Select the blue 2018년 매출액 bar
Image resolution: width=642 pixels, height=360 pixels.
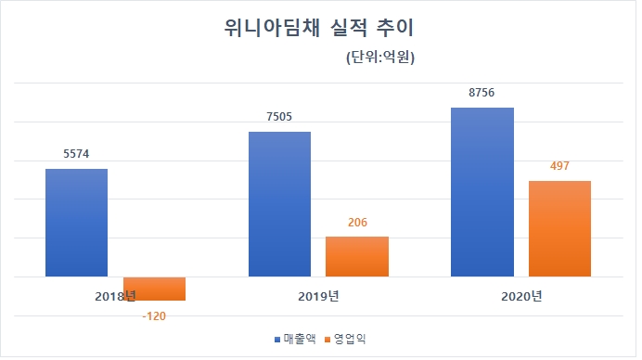tap(76, 223)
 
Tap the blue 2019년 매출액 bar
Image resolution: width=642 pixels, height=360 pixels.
tap(279, 204)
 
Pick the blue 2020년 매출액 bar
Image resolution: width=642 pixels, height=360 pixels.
tap(481, 192)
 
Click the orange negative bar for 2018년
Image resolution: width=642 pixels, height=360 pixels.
tap(154, 289)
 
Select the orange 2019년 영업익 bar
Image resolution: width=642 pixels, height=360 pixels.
tap(356, 256)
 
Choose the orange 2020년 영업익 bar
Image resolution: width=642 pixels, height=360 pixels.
tap(559, 228)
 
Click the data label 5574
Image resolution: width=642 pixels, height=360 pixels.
tap(76, 155)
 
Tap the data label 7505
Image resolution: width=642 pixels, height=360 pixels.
tap(279, 117)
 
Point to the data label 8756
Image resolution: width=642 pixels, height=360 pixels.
tap(481, 93)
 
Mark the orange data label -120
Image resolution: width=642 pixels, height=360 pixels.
tap(154, 315)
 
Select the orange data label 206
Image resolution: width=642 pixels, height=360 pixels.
tap(356, 223)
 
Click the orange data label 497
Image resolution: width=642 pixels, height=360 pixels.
tap(559, 166)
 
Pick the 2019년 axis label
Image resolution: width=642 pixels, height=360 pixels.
tap(317, 296)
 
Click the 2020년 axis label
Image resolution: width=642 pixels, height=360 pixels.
tap(520, 296)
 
